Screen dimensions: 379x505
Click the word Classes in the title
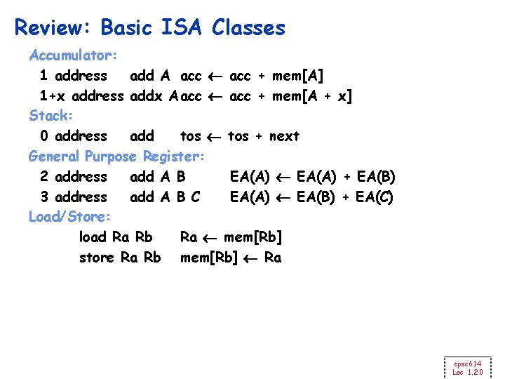(x=249, y=28)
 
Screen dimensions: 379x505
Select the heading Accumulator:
(x=73, y=54)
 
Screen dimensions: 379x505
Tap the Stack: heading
(x=48, y=115)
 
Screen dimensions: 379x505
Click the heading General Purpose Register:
(x=116, y=156)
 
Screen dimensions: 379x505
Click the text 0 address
(x=74, y=135)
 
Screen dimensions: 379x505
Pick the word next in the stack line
(x=284, y=135)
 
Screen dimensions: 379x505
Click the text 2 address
(x=74, y=176)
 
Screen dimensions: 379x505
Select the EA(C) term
(x=375, y=197)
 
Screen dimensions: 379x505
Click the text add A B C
(x=165, y=197)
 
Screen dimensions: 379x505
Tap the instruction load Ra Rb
(x=116, y=237)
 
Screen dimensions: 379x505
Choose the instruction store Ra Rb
(x=120, y=257)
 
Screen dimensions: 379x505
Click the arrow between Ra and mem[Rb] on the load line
(x=210, y=237)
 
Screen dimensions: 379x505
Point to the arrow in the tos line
(x=215, y=136)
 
